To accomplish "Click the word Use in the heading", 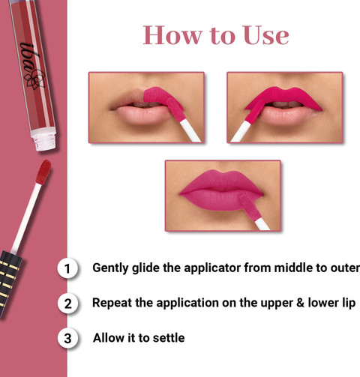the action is point(265,35).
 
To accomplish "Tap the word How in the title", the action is point(172,35).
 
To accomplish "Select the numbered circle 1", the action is point(67,268).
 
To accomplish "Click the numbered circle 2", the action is point(67,304).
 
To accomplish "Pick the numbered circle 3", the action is point(67,339).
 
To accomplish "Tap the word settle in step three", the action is point(169,338).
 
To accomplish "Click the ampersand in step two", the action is point(300,303).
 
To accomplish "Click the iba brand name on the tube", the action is point(28,59).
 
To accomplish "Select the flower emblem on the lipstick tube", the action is point(35,79).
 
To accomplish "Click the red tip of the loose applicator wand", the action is point(43,172).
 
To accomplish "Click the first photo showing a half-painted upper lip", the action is point(146,107).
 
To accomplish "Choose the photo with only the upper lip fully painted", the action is point(285,107).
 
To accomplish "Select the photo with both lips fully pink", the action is point(223,196).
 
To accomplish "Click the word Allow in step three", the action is point(109,338).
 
